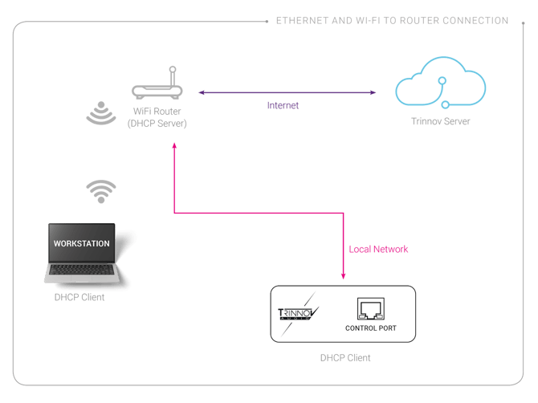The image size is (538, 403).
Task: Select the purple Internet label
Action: pos(283,105)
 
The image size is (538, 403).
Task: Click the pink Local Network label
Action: pos(379,250)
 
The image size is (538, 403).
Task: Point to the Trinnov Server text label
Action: pos(440,121)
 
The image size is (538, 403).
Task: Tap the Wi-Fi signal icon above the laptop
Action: pos(101,191)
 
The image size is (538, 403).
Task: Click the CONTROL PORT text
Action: pos(370,328)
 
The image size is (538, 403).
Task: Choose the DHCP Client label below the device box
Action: pos(345,357)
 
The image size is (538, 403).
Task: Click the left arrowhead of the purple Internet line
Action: pos(201,93)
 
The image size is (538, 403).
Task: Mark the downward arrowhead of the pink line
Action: pos(343,276)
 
